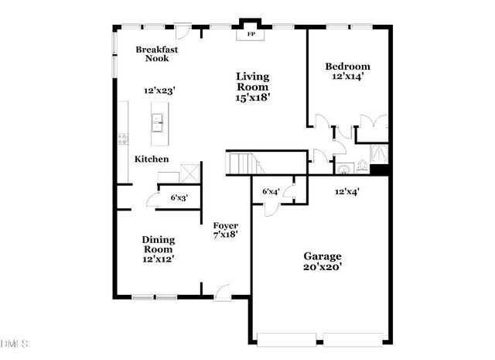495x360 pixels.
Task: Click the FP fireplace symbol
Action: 251,35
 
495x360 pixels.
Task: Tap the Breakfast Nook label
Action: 157,54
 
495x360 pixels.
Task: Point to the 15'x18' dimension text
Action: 252,98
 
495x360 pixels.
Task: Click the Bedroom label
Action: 346,67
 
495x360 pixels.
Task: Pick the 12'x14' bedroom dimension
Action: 346,77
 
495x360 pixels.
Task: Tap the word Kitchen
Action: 152,159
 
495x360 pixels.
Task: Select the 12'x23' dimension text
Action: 160,91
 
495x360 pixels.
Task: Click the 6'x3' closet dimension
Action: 179,198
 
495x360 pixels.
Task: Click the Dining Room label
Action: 158,245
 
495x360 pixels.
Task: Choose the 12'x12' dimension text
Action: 158,259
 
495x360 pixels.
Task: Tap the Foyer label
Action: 226,226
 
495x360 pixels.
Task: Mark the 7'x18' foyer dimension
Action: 226,235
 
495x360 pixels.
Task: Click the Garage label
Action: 322,256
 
